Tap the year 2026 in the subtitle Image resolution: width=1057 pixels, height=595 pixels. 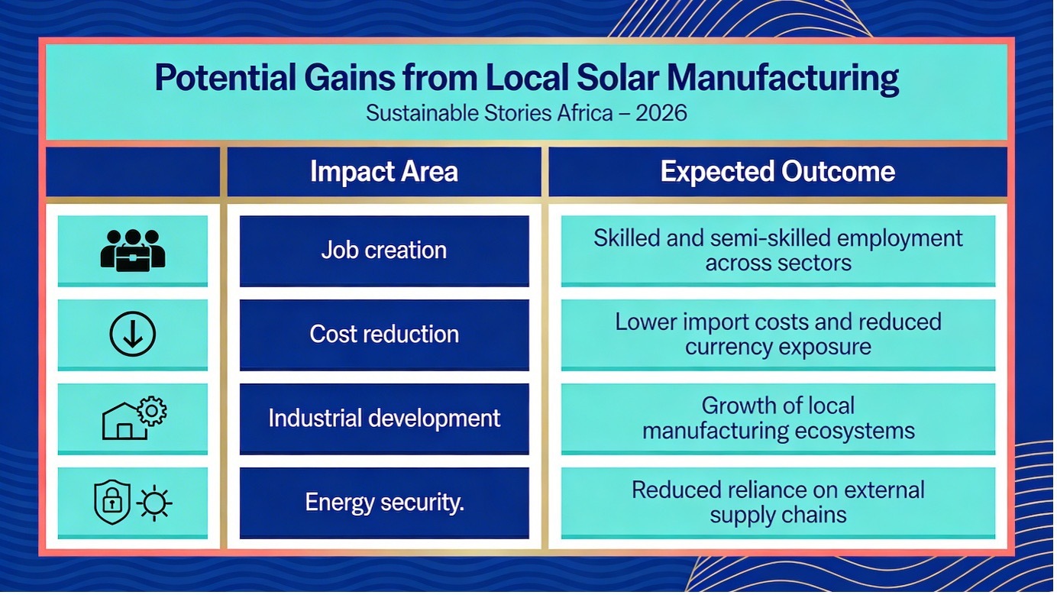click(x=661, y=113)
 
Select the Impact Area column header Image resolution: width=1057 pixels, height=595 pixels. click(x=384, y=171)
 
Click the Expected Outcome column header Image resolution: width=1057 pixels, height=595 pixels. click(x=777, y=171)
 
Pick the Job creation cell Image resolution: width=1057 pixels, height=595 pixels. click(x=384, y=251)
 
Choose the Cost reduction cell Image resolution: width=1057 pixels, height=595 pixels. click(x=384, y=335)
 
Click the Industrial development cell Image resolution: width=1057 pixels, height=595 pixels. click(x=384, y=419)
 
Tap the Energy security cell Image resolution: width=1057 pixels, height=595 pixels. click(x=384, y=503)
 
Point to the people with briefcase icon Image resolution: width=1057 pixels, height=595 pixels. click(x=133, y=251)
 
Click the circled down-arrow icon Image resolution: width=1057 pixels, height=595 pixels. click(x=133, y=334)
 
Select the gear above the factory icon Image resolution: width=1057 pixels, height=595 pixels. click(x=151, y=411)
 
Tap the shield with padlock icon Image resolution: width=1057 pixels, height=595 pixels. click(x=112, y=502)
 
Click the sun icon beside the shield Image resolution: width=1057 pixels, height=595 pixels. click(x=154, y=503)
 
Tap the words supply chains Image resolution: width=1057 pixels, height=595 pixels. click(x=778, y=516)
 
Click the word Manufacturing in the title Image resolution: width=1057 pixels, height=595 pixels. click(x=783, y=79)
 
